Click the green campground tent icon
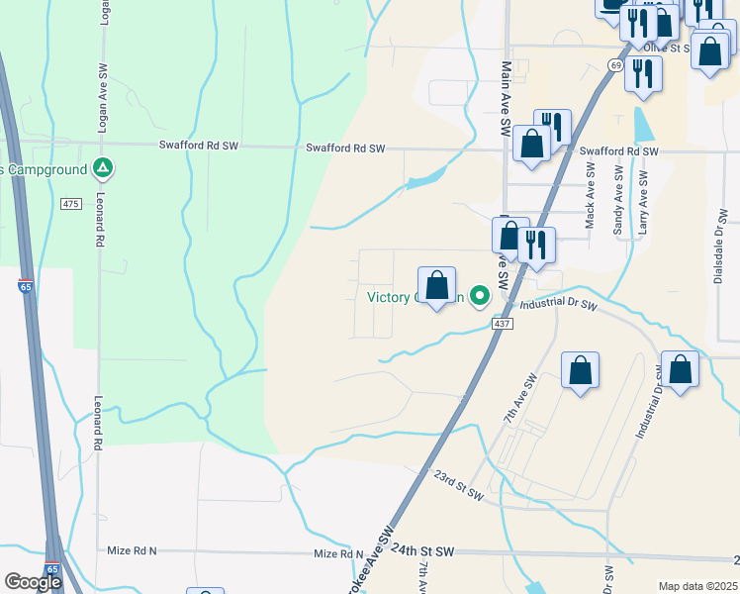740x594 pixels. tap(102, 168)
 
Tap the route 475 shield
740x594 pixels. tap(69, 203)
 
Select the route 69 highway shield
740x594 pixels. tap(615, 65)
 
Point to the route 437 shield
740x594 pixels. tap(502, 324)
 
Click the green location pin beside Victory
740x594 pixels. tap(480, 295)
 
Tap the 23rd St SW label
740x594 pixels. tap(457, 481)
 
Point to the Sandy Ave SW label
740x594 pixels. tap(619, 202)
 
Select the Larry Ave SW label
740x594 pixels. tap(643, 202)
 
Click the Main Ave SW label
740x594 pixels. tap(506, 99)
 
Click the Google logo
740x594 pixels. tap(33, 581)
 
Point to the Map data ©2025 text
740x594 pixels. tap(696, 586)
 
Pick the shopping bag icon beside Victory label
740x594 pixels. tap(436, 286)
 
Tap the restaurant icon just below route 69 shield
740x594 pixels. tap(643, 74)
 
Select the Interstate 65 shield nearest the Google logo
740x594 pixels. tap(50, 571)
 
